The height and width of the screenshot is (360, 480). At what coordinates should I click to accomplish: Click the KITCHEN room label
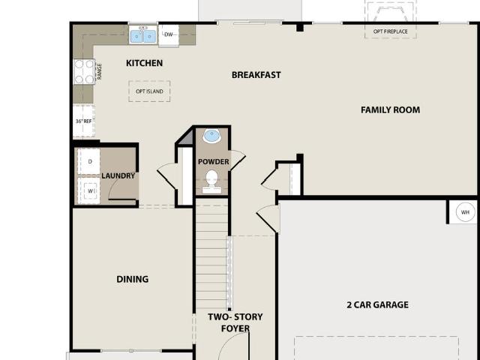pyautogui.click(x=144, y=63)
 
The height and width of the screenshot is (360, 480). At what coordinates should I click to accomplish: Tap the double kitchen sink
pyautogui.click(x=143, y=35)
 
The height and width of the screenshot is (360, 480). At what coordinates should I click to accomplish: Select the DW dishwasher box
pyautogui.click(x=169, y=35)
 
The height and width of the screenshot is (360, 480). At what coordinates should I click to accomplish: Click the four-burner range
pyautogui.click(x=84, y=71)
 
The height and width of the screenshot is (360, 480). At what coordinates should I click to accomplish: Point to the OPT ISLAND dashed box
pyautogui.click(x=149, y=91)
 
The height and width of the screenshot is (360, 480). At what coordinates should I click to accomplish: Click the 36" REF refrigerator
pyautogui.click(x=84, y=121)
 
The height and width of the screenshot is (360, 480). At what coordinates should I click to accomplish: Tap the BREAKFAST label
pyautogui.click(x=256, y=75)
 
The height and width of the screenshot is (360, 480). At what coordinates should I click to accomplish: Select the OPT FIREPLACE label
pyautogui.click(x=390, y=31)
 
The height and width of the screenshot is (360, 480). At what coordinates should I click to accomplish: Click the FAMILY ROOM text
pyautogui.click(x=390, y=110)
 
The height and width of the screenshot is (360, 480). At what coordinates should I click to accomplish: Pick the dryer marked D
pyautogui.click(x=89, y=162)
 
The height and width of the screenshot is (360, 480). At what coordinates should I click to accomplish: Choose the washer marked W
pyautogui.click(x=89, y=190)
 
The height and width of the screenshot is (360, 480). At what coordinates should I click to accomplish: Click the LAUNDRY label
pyautogui.click(x=118, y=175)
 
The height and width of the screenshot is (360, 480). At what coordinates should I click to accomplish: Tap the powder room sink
pyautogui.click(x=211, y=136)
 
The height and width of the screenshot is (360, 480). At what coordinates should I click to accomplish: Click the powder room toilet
pyautogui.click(x=211, y=181)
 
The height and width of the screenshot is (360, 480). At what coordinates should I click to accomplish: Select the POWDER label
pyautogui.click(x=213, y=162)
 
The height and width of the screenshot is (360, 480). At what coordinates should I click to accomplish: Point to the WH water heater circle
pyautogui.click(x=465, y=212)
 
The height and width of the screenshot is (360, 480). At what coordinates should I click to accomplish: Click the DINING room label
pyautogui.click(x=133, y=279)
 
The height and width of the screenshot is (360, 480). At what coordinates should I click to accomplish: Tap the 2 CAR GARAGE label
pyautogui.click(x=378, y=305)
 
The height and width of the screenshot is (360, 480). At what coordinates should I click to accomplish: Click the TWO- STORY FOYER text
pyautogui.click(x=235, y=322)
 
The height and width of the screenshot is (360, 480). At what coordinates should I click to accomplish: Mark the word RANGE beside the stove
pyautogui.click(x=99, y=72)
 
